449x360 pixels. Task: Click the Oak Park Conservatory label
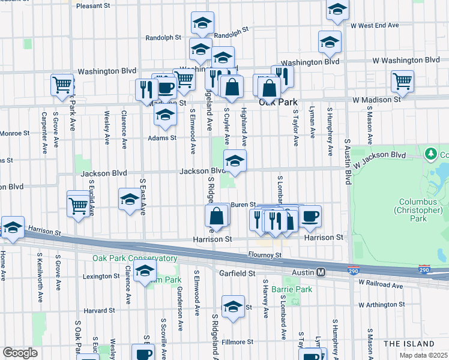(x=135, y=259)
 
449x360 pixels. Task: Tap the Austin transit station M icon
(x=321, y=272)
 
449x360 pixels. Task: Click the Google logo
(x=20, y=353)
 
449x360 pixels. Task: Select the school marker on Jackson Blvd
(x=235, y=161)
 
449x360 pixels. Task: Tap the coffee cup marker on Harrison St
(x=310, y=217)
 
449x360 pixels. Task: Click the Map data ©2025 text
(x=423, y=355)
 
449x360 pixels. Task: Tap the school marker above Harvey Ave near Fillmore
(x=233, y=307)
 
